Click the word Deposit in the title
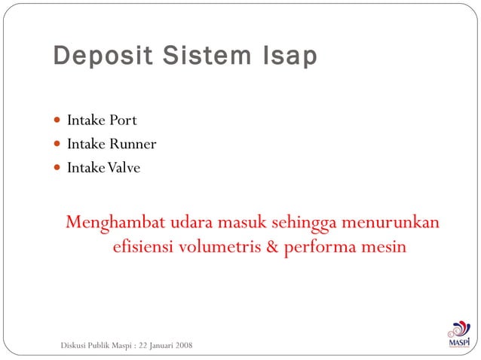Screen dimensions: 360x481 pyautogui.click(x=95, y=57)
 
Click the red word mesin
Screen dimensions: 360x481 pyautogui.click(x=384, y=247)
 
